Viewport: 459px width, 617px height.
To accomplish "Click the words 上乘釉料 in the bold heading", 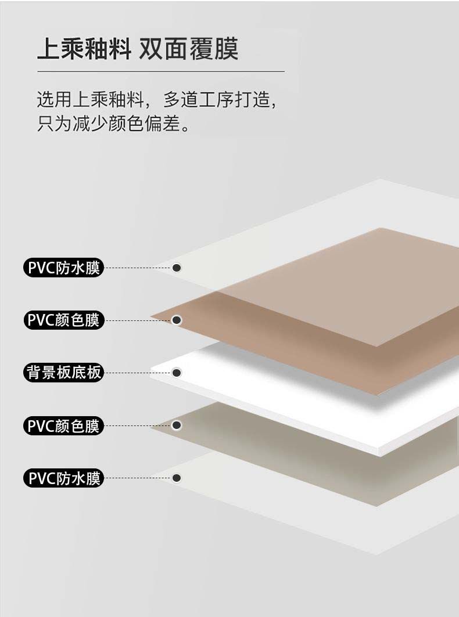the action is (84, 49).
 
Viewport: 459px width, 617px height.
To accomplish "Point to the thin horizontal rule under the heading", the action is (160, 71).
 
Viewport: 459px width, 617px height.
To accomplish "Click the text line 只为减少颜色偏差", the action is (113, 124).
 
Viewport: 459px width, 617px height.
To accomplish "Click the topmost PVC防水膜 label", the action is (63, 268).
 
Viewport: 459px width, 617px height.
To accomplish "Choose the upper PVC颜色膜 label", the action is (63, 320).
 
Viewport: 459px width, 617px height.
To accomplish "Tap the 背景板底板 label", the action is (63, 373).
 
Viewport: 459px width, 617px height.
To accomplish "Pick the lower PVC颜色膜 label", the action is (63, 426).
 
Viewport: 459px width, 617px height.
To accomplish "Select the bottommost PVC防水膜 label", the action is (63, 478).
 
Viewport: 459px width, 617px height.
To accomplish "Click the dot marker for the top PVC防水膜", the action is (177, 268).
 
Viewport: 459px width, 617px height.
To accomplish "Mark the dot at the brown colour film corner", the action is (177, 320).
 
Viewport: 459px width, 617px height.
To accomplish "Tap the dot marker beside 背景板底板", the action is (177, 372).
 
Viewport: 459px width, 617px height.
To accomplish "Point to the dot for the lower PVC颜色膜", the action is (177, 425).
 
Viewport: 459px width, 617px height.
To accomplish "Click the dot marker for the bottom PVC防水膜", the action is (177, 478).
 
